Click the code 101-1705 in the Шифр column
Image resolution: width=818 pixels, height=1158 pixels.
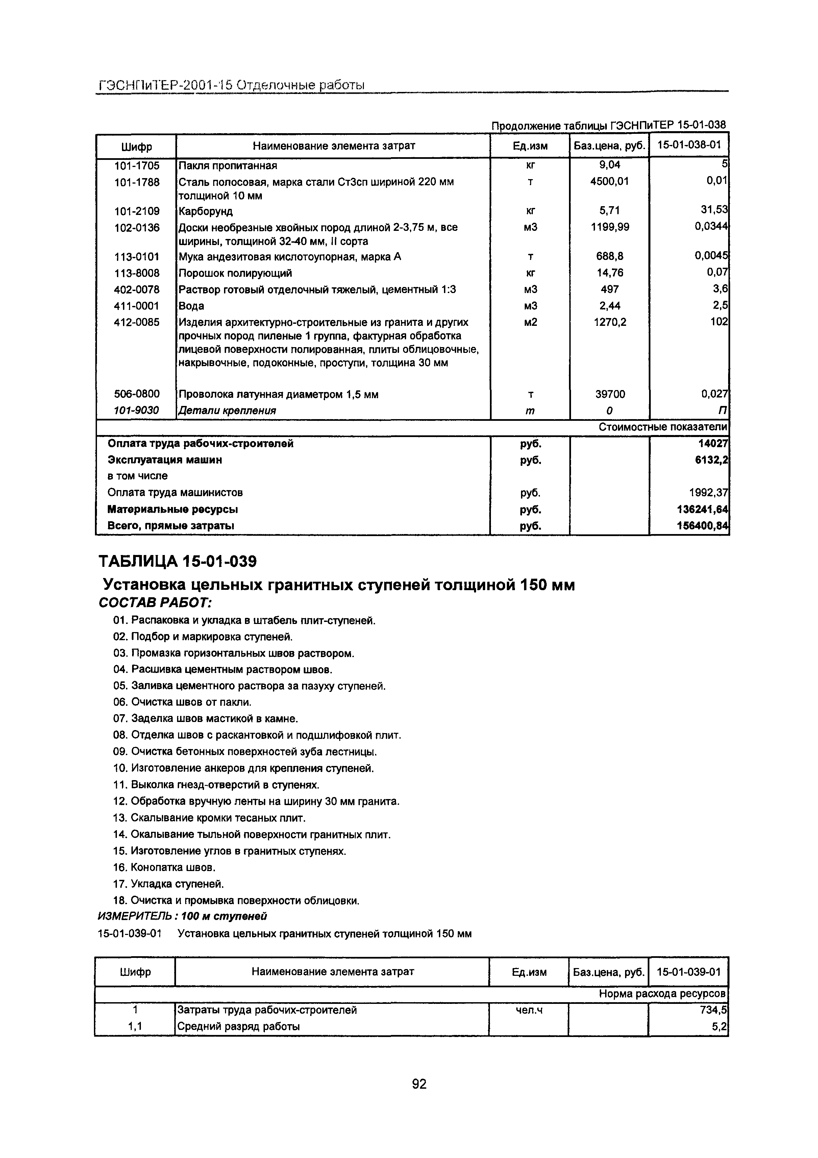136,165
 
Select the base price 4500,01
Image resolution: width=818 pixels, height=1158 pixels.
609,182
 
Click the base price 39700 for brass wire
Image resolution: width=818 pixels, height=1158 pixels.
609,394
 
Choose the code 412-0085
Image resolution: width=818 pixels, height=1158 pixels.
136,322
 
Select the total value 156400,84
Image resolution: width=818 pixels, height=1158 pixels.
702,526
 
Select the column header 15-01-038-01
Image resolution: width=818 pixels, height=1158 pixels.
689,146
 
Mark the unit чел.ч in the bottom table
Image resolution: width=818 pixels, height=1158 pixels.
528,1010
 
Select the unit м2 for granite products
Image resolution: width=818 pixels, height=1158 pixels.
530,322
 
